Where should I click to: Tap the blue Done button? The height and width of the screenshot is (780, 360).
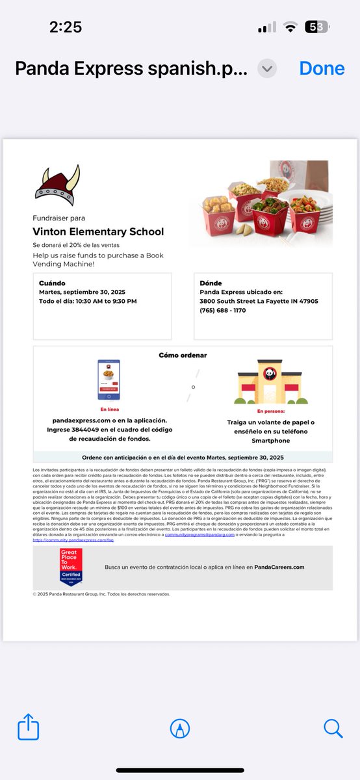(x=322, y=68)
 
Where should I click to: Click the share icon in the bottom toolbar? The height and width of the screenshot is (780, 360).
(x=28, y=727)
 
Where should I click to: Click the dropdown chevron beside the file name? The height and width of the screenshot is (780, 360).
(x=267, y=68)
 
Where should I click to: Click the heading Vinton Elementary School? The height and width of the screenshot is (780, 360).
(x=98, y=231)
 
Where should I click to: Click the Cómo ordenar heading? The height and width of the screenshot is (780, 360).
(x=183, y=356)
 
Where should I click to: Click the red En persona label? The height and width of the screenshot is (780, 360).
(x=270, y=411)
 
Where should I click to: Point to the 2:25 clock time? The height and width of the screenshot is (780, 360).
(x=65, y=27)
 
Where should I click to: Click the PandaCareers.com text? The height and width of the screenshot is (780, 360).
(x=279, y=567)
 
